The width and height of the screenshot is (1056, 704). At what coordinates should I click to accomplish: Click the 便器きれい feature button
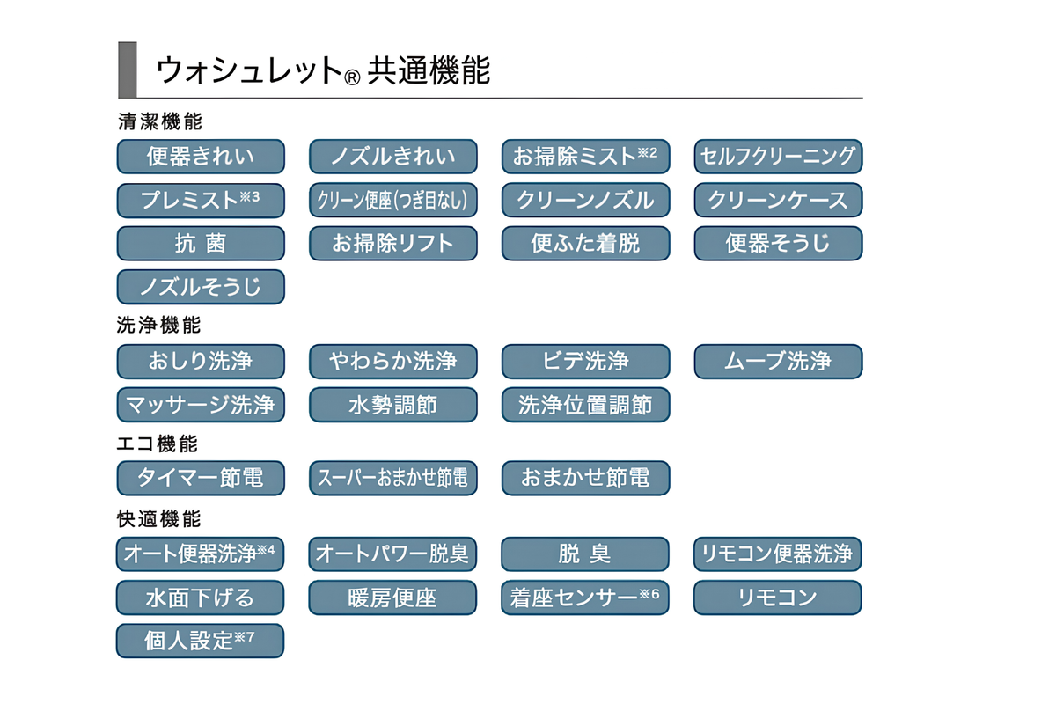click(201, 156)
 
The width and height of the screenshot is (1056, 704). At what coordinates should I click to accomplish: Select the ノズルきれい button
click(393, 156)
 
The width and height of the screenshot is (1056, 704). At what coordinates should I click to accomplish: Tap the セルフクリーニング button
click(778, 156)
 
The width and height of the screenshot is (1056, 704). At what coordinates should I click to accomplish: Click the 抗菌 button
click(201, 243)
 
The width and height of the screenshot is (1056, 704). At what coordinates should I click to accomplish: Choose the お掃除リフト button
click(393, 243)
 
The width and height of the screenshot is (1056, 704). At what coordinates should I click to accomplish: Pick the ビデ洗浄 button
click(585, 361)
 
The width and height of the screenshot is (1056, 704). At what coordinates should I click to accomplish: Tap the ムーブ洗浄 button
click(778, 361)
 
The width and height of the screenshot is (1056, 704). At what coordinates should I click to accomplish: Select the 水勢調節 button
click(393, 405)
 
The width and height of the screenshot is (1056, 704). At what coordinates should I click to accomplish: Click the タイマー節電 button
click(201, 478)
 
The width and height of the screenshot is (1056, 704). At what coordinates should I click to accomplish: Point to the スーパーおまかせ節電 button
click(393, 478)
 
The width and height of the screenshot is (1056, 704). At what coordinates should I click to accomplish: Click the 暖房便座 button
click(392, 598)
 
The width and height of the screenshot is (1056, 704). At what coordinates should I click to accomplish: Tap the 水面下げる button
click(200, 598)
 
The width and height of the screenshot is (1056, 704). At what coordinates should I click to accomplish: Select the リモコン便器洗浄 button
click(777, 554)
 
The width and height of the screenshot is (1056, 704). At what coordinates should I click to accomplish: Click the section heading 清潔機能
click(160, 121)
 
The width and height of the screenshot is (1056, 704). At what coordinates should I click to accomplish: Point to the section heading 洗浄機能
click(159, 325)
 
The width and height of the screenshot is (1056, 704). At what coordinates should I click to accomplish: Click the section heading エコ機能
click(158, 444)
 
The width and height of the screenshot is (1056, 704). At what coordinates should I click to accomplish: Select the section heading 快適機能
click(159, 518)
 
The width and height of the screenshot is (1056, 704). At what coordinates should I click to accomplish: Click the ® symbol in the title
click(352, 77)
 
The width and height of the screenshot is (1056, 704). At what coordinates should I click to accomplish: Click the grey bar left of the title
click(128, 70)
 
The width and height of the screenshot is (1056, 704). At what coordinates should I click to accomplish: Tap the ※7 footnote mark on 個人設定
click(245, 637)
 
